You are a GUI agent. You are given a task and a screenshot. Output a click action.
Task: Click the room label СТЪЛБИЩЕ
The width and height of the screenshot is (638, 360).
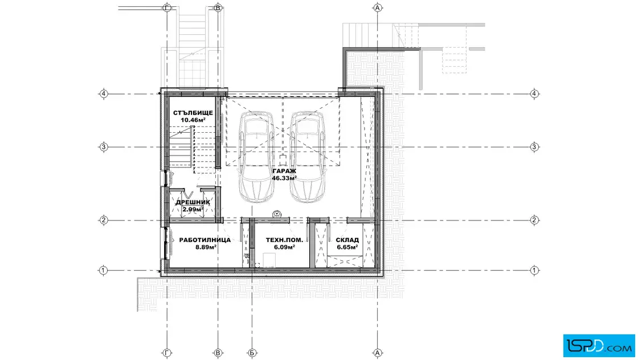click(x=193, y=113)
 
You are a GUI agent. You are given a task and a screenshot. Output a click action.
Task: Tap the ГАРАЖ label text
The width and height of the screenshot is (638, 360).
click(x=284, y=171)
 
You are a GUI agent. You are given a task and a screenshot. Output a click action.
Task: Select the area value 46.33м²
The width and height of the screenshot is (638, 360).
click(x=284, y=178)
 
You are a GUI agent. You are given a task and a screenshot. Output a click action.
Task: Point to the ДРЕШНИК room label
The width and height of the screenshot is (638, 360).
click(x=193, y=202)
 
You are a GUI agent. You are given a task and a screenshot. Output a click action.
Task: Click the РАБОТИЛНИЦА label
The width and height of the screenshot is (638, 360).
click(x=205, y=240)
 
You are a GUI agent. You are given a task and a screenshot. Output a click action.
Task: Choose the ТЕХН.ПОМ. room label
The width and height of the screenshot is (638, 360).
click(x=284, y=240)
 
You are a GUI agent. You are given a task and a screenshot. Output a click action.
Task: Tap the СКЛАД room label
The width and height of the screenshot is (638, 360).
click(x=347, y=240)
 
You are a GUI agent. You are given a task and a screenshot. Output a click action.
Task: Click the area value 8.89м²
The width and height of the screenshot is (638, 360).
click(x=206, y=247)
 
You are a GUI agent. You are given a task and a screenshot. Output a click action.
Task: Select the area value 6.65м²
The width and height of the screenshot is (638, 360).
click(x=347, y=247)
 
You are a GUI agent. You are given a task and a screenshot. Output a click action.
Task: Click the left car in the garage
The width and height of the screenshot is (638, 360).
click(x=256, y=157)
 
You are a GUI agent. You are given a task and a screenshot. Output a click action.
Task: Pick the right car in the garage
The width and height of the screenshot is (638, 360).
click(x=308, y=157)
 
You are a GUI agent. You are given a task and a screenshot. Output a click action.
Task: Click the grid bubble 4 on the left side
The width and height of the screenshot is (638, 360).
click(x=104, y=94)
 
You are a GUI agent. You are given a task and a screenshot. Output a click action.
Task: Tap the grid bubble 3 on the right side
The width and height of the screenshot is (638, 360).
click(x=535, y=147)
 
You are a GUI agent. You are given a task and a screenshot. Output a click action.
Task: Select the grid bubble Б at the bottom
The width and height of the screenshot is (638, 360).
click(x=252, y=353)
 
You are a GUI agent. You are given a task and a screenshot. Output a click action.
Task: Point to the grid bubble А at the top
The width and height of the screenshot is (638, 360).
click(x=378, y=7)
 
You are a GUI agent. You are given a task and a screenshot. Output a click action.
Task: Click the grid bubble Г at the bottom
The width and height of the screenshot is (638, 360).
click(x=167, y=353)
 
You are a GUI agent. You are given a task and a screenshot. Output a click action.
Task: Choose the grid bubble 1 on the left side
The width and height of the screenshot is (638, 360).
click(x=103, y=270)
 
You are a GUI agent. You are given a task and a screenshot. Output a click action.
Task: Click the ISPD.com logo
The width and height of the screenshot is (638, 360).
click(x=599, y=346)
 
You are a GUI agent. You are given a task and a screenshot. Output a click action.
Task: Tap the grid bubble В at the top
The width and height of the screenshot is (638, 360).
click(x=218, y=7)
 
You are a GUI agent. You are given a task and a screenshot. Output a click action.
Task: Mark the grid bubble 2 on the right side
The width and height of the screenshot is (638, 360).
click(x=535, y=220)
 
